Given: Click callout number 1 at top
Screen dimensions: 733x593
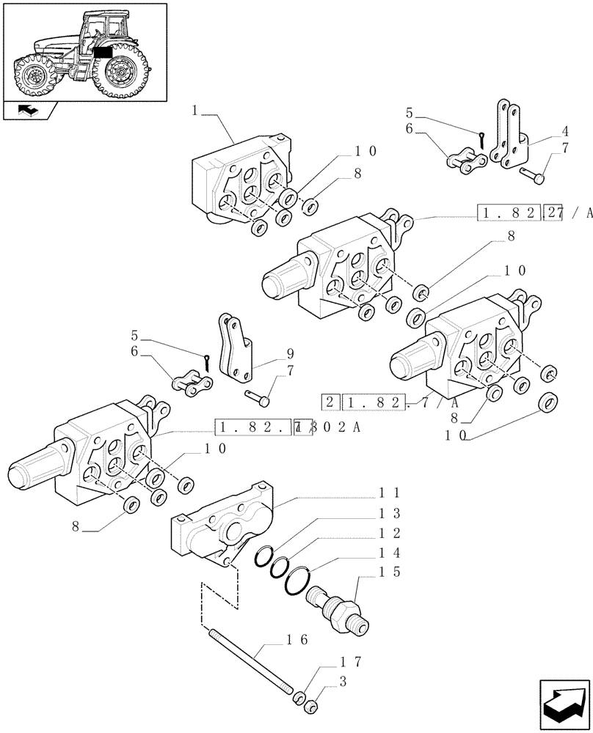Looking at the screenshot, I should coord(196,111).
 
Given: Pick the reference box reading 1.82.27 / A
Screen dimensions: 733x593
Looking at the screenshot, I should coord(532,213).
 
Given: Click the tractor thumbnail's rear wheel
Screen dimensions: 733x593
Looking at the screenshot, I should coord(117,71).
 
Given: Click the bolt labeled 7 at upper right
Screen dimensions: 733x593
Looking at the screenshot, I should coord(534,176).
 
